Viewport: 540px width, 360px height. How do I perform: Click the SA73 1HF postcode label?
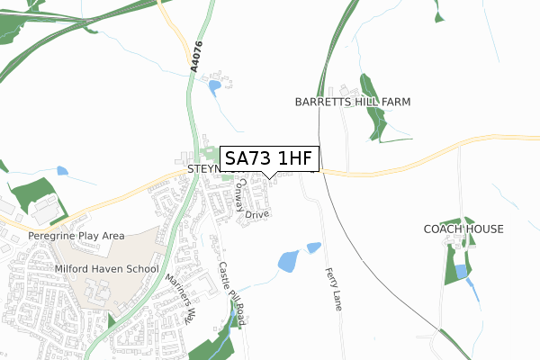click(x=269, y=158)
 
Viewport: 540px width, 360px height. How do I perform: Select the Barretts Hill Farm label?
click(x=353, y=103)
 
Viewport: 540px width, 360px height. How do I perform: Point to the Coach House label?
click(x=463, y=229)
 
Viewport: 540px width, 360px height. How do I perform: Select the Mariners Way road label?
click(x=181, y=299)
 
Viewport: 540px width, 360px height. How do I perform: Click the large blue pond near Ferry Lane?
click(x=288, y=262)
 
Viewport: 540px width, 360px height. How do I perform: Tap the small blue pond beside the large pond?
click(x=313, y=247)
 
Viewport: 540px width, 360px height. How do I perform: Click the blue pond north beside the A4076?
click(x=214, y=87)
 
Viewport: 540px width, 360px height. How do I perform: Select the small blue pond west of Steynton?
click(x=62, y=170)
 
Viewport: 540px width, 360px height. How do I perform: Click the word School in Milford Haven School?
click(x=142, y=269)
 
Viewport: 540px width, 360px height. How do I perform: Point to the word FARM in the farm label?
click(x=393, y=103)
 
